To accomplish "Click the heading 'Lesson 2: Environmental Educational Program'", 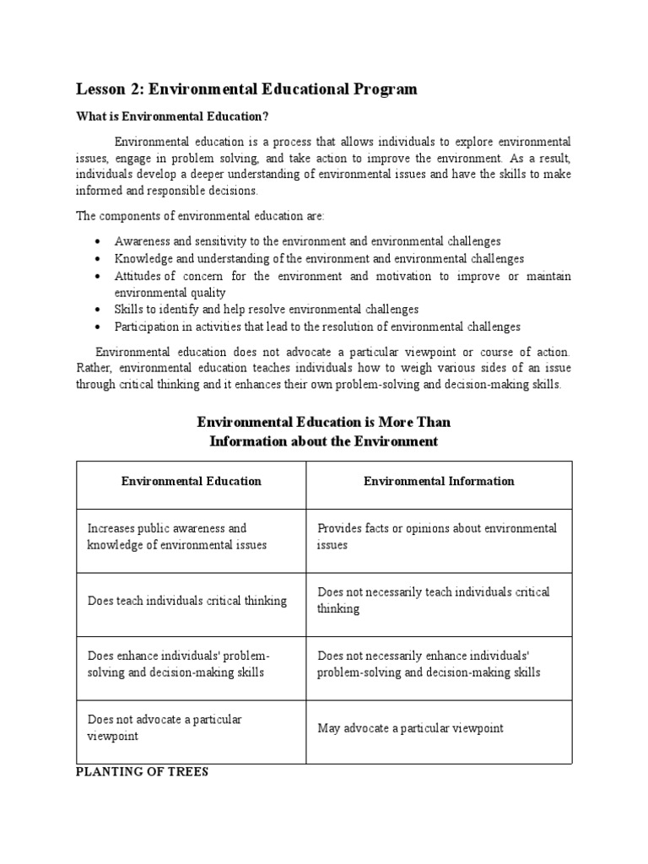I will coord(246,89).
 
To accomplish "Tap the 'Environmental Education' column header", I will coord(191,481).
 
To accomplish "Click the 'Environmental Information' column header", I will coord(439,481).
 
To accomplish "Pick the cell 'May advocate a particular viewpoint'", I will coord(410,728).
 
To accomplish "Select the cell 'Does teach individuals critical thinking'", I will coord(187,601).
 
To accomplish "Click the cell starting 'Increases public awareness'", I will coord(177,537).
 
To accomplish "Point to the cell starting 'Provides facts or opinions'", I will coord(437,537).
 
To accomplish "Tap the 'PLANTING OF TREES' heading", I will coord(142,771).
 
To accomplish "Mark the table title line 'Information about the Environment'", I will coord(323,441).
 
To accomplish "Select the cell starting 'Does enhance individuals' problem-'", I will coord(178,664).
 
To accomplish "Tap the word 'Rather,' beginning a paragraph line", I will coord(94,368).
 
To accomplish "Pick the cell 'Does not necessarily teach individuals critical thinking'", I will coord(433,600).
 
